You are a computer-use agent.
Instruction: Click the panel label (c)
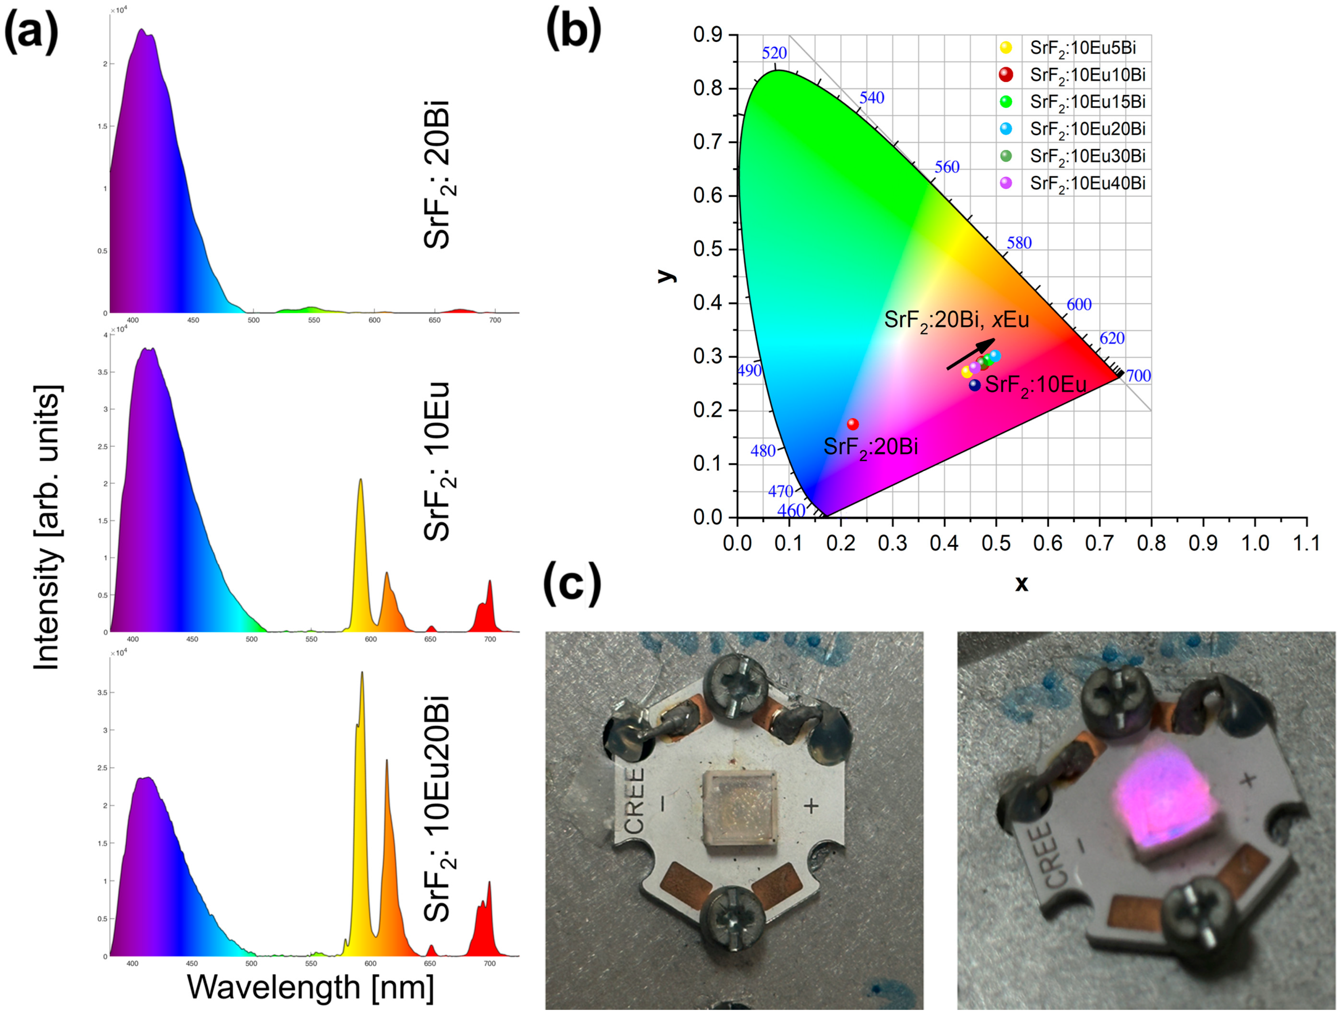[572, 584]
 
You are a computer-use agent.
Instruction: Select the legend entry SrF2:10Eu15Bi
[1087, 102]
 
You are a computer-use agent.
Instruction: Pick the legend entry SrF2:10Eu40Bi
[1087, 184]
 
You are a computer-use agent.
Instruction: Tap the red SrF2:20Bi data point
[853, 424]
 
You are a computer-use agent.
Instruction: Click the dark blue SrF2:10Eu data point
[974, 385]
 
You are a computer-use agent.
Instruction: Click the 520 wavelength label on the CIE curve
[774, 53]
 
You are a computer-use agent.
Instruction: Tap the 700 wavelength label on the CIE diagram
[1138, 376]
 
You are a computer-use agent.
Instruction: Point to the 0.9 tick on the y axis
[708, 35]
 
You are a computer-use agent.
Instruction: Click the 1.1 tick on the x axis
[1306, 542]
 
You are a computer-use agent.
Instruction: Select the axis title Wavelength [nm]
[310, 987]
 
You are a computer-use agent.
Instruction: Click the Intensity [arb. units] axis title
[47, 528]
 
